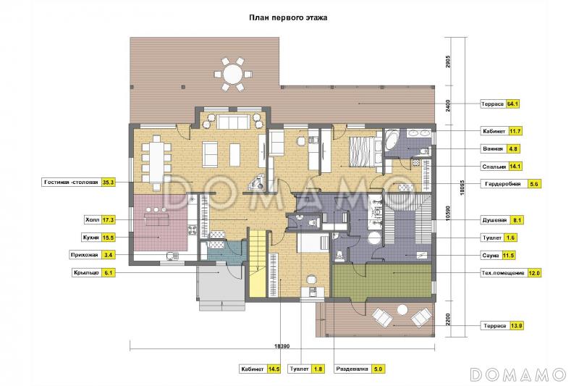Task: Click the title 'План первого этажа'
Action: (287, 17)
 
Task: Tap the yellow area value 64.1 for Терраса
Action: (512, 104)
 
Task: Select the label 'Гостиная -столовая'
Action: (71, 182)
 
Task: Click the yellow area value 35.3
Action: (108, 182)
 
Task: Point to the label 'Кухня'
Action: (91, 238)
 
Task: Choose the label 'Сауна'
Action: (491, 255)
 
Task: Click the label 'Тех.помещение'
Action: (503, 273)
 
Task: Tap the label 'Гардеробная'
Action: (502, 183)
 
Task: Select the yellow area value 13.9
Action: (516, 326)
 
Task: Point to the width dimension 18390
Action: (282, 346)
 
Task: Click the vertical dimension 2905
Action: (448, 62)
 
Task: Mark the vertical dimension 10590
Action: (448, 213)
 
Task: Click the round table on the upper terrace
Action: (232, 74)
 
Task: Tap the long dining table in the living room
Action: (157, 163)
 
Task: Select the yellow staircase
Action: (258, 264)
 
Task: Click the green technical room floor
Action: (382, 280)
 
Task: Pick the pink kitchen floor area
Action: (159, 223)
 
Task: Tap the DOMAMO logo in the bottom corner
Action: (518, 374)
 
